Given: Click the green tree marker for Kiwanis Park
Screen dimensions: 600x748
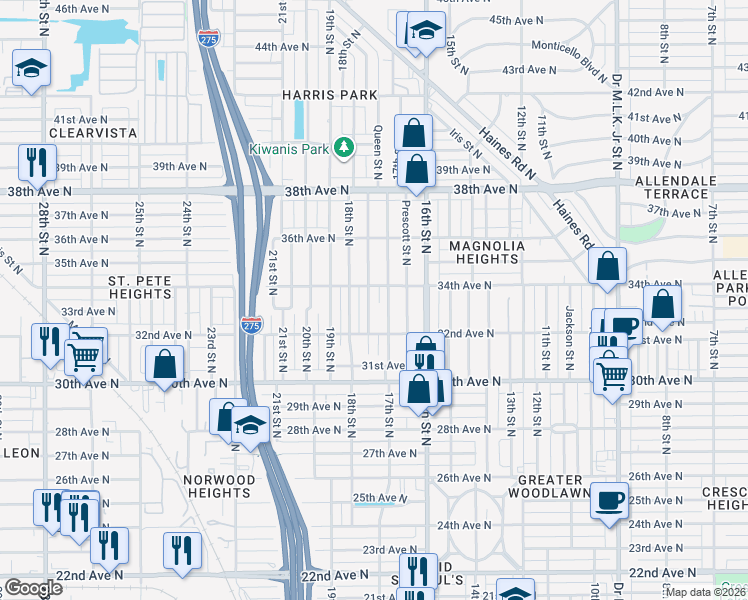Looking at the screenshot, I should click(344, 148).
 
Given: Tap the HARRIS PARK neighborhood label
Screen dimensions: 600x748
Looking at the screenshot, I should click(329, 95).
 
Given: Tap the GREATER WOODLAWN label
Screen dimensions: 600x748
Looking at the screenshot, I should click(544, 486).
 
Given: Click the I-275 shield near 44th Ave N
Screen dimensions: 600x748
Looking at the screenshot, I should click(208, 38).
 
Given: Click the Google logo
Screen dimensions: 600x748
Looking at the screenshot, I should click(33, 588).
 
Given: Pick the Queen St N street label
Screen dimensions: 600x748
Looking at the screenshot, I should click(377, 152).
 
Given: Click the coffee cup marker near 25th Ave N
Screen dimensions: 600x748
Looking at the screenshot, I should click(608, 499).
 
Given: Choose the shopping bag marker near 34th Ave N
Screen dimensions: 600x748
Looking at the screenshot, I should click(607, 266).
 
